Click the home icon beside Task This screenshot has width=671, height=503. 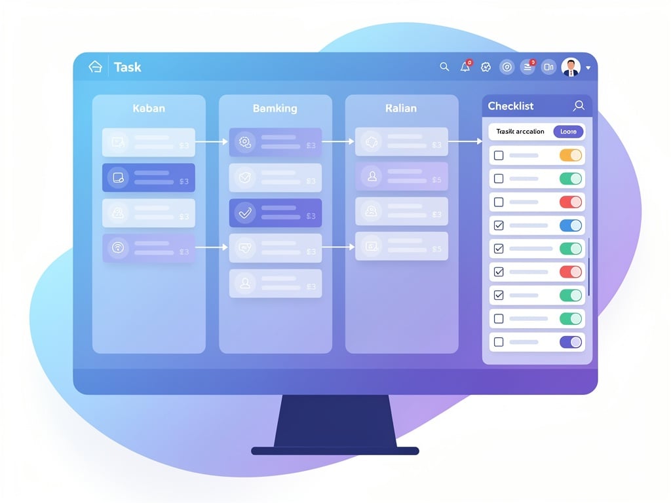click(96, 67)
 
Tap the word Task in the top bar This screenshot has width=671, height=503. click(127, 67)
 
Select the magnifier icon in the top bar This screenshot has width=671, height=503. click(444, 67)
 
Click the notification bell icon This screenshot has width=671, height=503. click(465, 67)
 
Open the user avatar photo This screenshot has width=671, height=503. click(571, 67)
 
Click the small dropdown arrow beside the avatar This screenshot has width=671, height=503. click(588, 67)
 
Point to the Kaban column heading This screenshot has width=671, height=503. click(149, 108)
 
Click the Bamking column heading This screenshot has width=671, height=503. click(275, 108)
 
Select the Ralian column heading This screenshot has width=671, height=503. click(401, 108)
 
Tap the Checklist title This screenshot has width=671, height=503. click(510, 106)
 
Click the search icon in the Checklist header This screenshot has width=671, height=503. click(579, 105)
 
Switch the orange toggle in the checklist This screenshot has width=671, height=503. click(571, 155)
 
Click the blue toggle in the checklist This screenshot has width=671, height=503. click(571, 225)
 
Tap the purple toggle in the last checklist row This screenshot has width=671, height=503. click(571, 342)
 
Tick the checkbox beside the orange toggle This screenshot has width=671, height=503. click(499, 155)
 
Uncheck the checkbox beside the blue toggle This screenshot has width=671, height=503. click(499, 225)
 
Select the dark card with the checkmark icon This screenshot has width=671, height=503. click(275, 213)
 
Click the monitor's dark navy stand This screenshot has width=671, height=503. click(335, 422)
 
